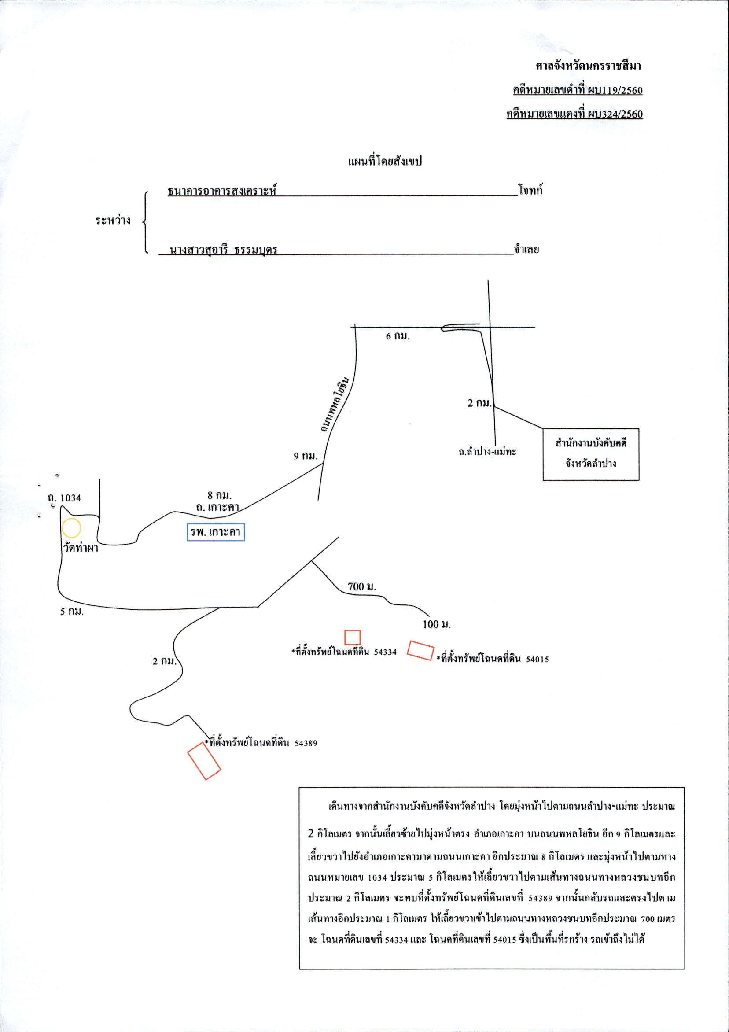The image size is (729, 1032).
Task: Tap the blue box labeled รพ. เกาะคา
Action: [x=216, y=533]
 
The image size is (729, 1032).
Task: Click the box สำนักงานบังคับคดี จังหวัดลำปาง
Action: [x=591, y=454]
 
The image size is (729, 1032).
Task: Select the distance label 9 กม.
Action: [x=306, y=456]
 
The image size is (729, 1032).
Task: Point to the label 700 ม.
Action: [x=362, y=587]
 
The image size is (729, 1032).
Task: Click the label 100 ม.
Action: [x=436, y=624]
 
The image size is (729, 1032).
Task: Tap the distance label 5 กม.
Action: [x=72, y=612]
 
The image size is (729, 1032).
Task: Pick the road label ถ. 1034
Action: [x=64, y=498]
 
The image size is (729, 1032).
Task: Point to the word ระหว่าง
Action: [x=113, y=220]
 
